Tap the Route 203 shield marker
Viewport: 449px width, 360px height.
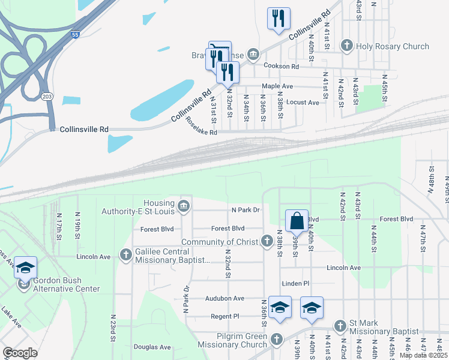coord(46,96)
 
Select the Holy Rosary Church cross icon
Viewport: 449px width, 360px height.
coord(346,46)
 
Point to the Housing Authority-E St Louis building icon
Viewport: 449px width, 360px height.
coord(184,206)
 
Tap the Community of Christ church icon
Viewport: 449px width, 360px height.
coord(267,241)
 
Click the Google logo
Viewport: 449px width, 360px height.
coord(20,353)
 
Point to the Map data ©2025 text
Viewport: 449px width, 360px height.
coord(423,355)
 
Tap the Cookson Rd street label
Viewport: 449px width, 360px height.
coord(279,67)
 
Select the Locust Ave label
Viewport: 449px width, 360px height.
coord(304,103)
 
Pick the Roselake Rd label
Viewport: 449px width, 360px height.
coord(200,127)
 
